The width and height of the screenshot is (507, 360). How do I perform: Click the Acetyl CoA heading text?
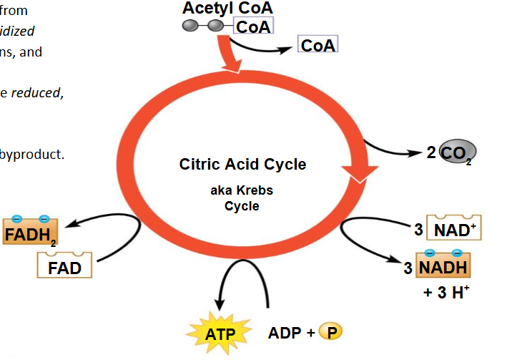pyautogui.click(x=227, y=9)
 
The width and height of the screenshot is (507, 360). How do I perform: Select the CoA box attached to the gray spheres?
pyautogui.click(x=252, y=27)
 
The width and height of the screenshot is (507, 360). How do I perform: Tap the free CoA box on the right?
pyautogui.click(x=318, y=45)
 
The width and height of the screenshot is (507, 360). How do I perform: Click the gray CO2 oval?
pyautogui.click(x=457, y=153)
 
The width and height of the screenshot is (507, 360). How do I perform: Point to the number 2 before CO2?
pyautogui.click(x=431, y=152)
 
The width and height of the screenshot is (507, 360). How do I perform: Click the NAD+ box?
pyautogui.click(x=454, y=230)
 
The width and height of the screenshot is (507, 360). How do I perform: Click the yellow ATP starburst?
pyautogui.click(x=220, y=334)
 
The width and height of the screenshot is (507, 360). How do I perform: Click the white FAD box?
pyautogui.click(x=64, y=268)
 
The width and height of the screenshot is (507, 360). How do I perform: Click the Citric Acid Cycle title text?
pyautogui.click(x=242, y=165)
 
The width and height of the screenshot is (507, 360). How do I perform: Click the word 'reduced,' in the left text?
pyautogui.click(x=36, y=92)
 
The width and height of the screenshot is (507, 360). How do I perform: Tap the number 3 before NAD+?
pyautogui.click(x=418, y=230)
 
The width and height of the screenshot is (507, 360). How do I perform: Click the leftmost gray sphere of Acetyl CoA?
pyautogui.click(x=191, y=26)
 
